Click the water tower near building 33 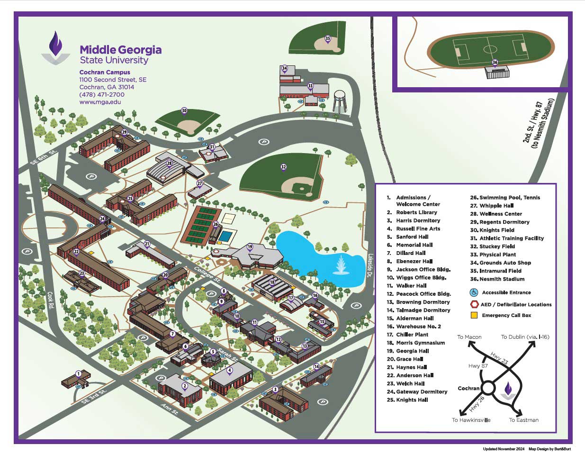(x=340, y=100)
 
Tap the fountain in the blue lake (x=341, y=265)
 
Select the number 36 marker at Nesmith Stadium (x=495, y=63)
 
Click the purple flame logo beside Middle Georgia (x=56, y=47)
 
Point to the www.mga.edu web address (x=100, y=102)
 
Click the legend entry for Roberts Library (x=416, y=212)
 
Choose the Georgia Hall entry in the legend (x=412, y=351)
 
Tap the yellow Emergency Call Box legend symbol (x=474, y=315)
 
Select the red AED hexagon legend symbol (x=474, y=304)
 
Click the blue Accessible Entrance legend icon (x=474, y=292)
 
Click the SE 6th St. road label (x=43, y=155)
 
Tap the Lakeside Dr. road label (x=370, y=265)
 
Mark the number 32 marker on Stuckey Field (x=283, y=167)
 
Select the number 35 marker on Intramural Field (x=328, y=38)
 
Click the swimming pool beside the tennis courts (x=227, y=236)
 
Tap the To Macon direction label (x=469, y=337)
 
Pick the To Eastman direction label (x=523, y=420)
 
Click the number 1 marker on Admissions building (x=79, y=374)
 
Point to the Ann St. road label (x=169, y=409)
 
